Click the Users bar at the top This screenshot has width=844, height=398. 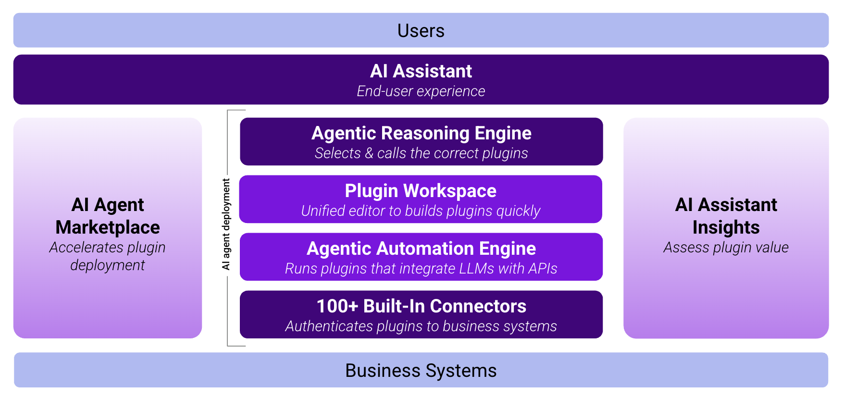click(421, 31)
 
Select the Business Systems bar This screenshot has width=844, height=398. click(421, 371)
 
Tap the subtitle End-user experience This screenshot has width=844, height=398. click(421, 91)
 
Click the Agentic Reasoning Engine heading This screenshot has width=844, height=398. click(421, 133)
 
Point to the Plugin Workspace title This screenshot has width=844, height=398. click(421, 191)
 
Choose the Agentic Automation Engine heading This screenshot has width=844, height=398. click(421, 249)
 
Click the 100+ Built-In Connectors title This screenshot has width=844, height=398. click(421, 306)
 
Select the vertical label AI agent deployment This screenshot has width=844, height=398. click(226, 224)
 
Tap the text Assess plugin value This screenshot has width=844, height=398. click(726, 248)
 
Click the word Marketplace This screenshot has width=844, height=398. click(108, 227)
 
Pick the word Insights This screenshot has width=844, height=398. click(726, 227)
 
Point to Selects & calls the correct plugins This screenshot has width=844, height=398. click(421, 153)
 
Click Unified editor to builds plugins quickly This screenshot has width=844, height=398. click(421, 211)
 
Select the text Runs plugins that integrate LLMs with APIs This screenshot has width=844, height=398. click(421, 269)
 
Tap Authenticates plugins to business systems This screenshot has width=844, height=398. click(421, 326)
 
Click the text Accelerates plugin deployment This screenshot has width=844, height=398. click(108, 256)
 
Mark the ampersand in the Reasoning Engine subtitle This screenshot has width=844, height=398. click(369, 153)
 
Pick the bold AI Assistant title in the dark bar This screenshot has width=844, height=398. click(421, 71)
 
